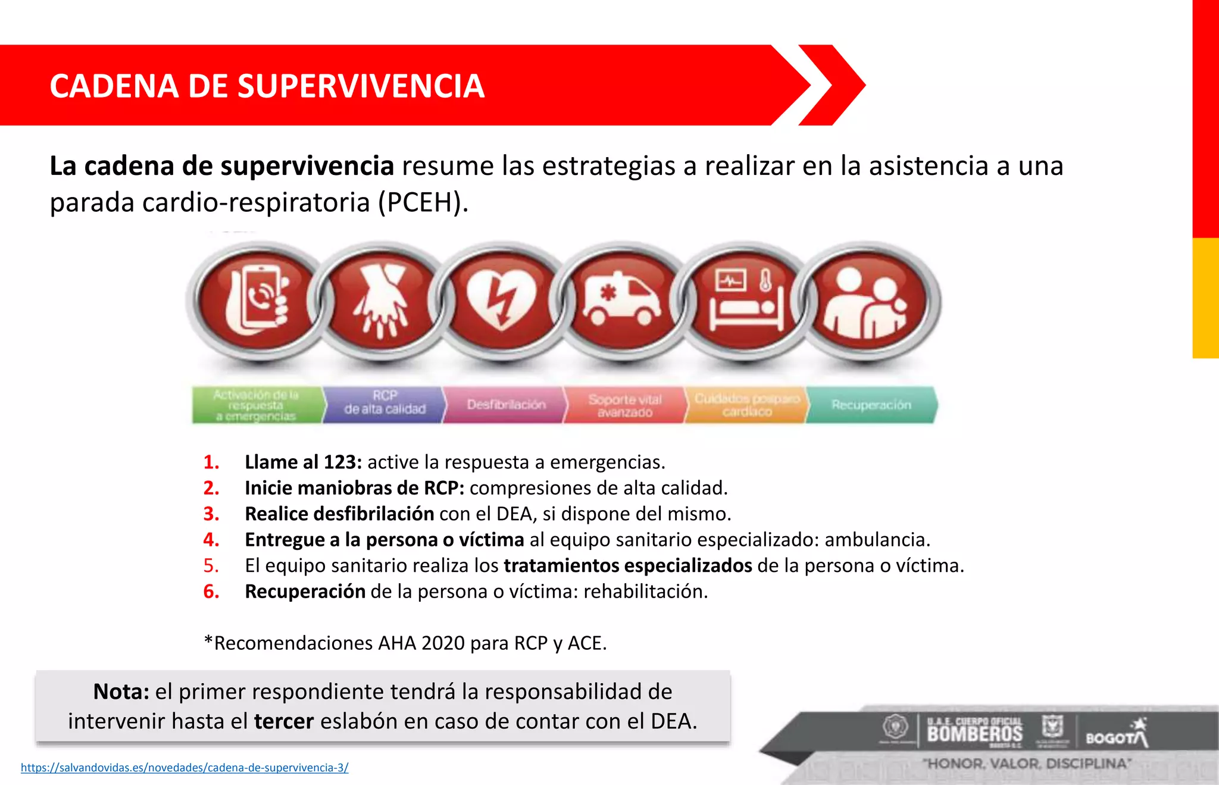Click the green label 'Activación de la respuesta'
pos(256,405)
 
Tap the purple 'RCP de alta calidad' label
pos(385,403)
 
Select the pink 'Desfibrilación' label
pos(506,405)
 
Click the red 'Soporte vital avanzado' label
pos(625,405)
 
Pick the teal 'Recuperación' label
pos(871,405)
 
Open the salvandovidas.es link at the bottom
pos(185,768)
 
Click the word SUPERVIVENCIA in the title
pos(361,86)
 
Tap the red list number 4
pos(211,540)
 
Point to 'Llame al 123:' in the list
pos(303,462)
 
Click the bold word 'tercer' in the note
pos(283,721)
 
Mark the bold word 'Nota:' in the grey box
pos(121,692)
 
